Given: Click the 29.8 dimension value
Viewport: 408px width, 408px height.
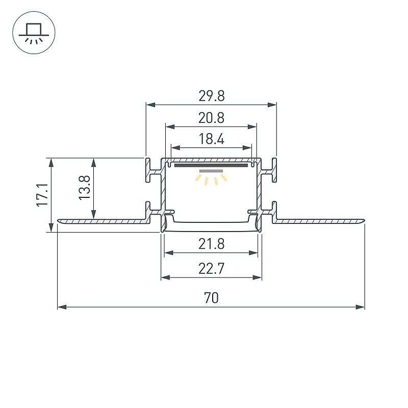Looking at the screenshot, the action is [x=211, y=96].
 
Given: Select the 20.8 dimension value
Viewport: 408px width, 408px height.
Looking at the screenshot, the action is [x=211, y=118].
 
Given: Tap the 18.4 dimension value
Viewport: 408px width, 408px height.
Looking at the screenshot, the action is [x=211, y=139].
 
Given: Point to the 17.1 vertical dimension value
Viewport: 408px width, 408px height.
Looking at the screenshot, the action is [x=42, y=195].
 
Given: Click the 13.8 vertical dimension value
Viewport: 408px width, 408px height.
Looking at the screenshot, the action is [x=84, y=188].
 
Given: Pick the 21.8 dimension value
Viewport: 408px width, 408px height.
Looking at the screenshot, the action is [x=211, y=244].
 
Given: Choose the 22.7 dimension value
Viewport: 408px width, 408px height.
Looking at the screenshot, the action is [x=211, y=269].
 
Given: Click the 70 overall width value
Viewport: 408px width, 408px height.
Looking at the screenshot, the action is [x=211, y=298].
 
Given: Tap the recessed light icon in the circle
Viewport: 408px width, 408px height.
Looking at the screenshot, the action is [x=34, y=33].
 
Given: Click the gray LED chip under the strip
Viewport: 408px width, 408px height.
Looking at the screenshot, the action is [x=211, y=171].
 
